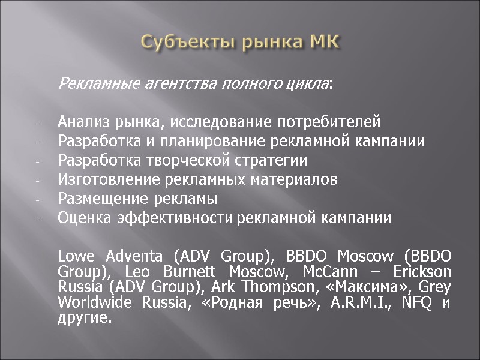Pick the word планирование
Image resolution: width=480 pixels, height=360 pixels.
(x=194, y=142)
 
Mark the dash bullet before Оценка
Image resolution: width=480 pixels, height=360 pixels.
(x=37, y=218)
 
